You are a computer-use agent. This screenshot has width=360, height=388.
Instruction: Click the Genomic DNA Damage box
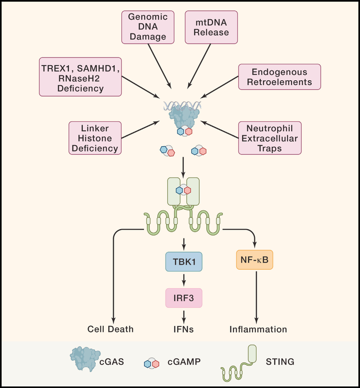click(x=148, y=27)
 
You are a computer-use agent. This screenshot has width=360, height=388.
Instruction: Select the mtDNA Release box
click(x=211, y=27)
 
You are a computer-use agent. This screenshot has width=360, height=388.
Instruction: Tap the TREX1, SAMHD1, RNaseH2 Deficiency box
click(x=80, y=77)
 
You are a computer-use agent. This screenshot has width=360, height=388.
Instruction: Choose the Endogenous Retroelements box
click(x=280, y=77)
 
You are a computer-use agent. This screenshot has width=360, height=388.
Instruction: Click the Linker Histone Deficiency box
click(x=95, y=138)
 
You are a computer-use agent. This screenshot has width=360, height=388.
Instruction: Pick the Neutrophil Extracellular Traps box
click(x=270, y=138)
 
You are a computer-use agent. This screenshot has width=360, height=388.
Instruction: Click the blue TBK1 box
click(x=184, y=262)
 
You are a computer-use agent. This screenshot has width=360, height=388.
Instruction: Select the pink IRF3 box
click(x=184, y=298)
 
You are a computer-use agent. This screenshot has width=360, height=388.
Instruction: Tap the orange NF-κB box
click(x=255, y=260)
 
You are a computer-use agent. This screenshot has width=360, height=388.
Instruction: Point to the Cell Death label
click(x=111, y=329)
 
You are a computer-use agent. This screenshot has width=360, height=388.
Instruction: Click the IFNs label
click(x=184, y=329)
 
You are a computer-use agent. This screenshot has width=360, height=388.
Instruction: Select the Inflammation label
click(x=258, y=329)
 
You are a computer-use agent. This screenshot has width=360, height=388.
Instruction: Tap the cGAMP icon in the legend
click(x=152, y=363)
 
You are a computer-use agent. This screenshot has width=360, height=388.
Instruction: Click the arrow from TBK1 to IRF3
click(x=184, y=280)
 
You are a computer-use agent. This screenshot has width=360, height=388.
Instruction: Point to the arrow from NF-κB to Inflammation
click(x=257, y=297)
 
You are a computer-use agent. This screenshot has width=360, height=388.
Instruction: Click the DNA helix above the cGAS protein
click(x=183, y=106)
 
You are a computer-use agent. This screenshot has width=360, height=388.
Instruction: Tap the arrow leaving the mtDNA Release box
click(x=199, y=66)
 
